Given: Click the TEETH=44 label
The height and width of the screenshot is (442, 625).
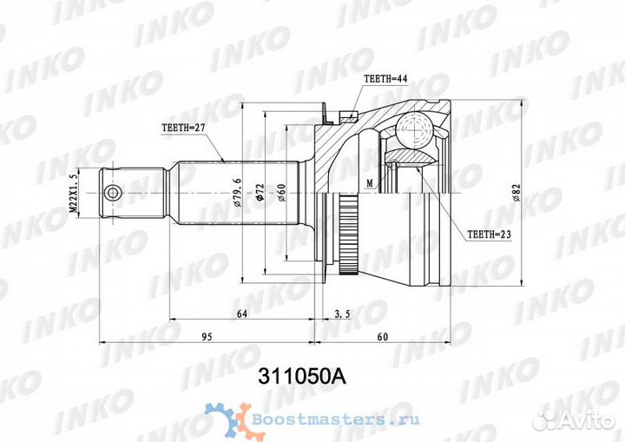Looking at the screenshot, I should [385, 79].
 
